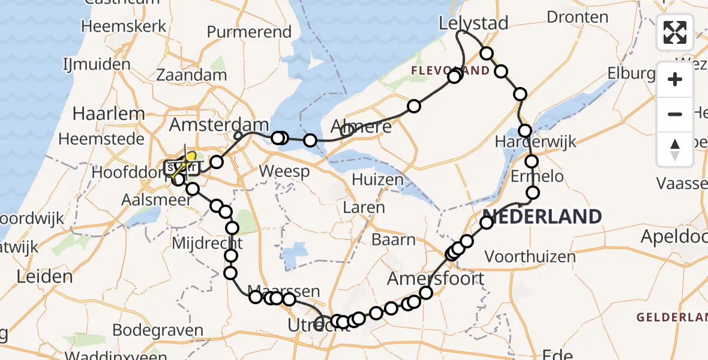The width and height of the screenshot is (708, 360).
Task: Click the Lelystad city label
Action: coord(473,23)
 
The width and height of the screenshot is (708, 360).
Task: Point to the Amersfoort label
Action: coord(435,278)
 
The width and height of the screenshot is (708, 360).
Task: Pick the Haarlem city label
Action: coord(109,113)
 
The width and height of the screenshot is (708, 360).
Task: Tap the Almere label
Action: coord(361,127)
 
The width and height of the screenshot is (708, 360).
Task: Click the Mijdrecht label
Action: coord(206,243)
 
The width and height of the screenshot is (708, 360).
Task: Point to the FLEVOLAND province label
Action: coord(449,71)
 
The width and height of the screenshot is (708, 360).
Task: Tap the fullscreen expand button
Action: coord(675,32)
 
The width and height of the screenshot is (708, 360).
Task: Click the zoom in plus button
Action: coord(675,79)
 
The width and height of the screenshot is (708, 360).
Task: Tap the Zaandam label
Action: coord(191,75)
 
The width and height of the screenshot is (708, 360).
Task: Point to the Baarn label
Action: coord(393,240)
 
